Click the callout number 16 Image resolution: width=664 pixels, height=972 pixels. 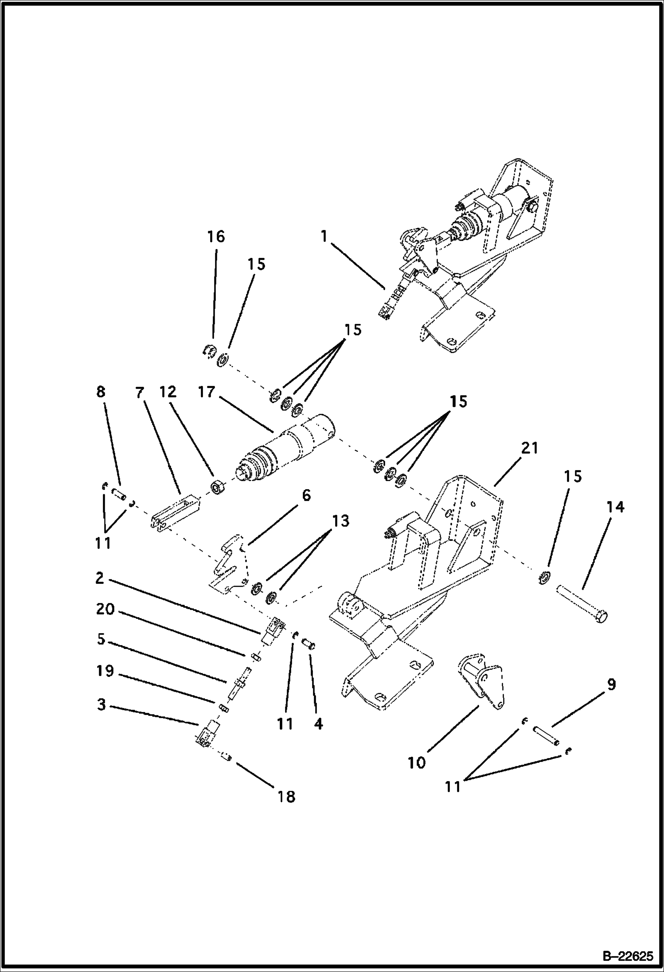216,237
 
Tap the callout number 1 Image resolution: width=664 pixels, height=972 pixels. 324,237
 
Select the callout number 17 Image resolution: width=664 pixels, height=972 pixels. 207,392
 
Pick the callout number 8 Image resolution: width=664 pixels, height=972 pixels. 101,392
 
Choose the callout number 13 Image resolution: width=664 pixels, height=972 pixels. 340,521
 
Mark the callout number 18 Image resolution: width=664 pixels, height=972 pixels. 286,797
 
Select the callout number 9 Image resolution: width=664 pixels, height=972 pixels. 611,685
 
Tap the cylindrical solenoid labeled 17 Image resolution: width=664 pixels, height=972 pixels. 288,447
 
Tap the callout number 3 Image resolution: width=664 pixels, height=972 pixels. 102,705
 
